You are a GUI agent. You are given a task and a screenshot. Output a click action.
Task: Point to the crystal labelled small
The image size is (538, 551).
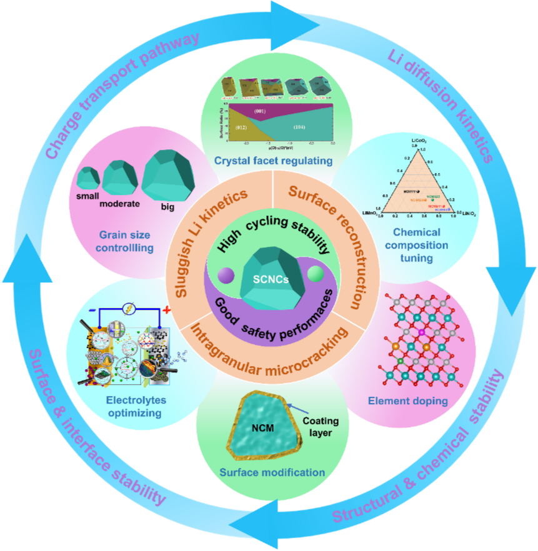(89, 178)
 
